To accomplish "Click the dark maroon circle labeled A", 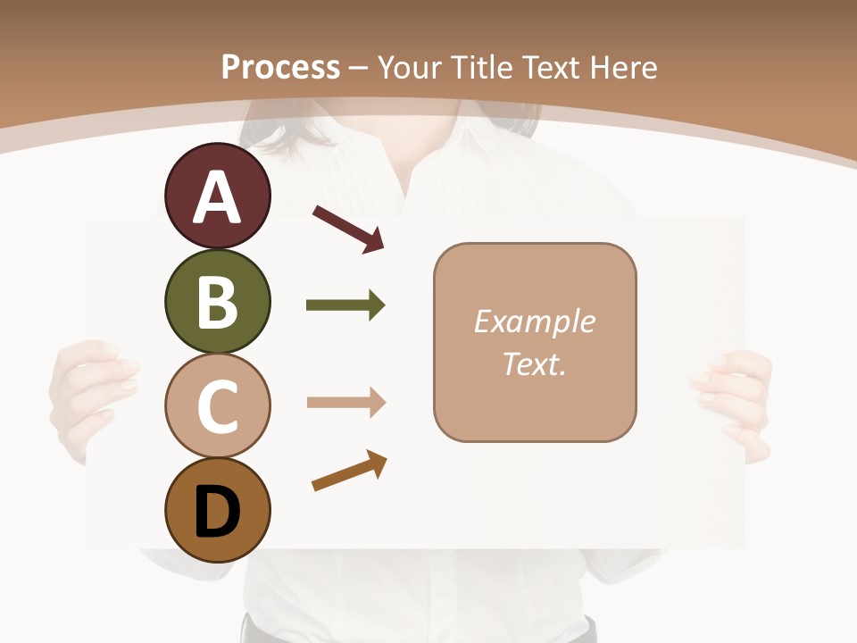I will pos(217,196).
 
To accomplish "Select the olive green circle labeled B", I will pos(217,301).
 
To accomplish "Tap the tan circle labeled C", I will pos(217,405).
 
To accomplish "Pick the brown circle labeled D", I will pos(217,510).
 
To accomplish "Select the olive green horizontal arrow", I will pos(345,305).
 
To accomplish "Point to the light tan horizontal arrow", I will pos(345,403).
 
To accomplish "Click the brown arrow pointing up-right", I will pos(349,471).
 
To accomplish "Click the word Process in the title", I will pos(280,67).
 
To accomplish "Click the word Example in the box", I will pos(534,321).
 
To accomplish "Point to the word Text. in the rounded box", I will pos(534,363).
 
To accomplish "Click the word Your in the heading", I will pos(410,67).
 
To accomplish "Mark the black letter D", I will pos(217,513).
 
